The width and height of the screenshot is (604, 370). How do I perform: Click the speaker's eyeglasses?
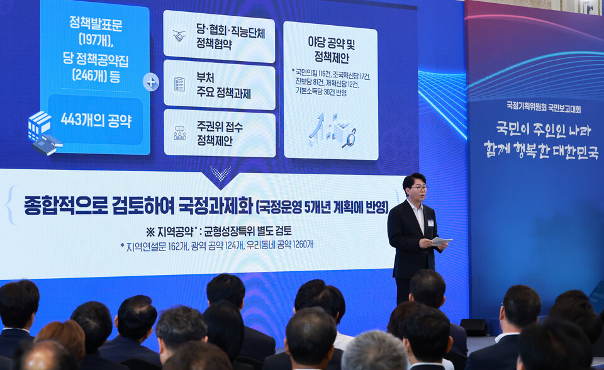coord(418,188)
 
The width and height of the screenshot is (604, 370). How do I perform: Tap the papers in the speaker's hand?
coord(441,241)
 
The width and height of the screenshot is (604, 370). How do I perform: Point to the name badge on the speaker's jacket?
coord(430,223)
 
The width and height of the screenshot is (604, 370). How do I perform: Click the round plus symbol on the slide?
coord(151,82)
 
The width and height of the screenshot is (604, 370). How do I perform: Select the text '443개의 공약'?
coord(96,120)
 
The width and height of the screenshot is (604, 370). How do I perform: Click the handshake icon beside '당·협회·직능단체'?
coord(179,36)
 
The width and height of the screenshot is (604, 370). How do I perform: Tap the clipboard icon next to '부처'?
coord(179,84)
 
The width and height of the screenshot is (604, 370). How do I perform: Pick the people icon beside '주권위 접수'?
coord(180,133)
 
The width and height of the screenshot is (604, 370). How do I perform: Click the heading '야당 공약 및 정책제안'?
coord(331,49)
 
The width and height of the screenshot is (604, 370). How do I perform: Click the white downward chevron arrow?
coord(220,174)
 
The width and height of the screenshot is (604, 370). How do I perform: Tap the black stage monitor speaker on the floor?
coord(474,327)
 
